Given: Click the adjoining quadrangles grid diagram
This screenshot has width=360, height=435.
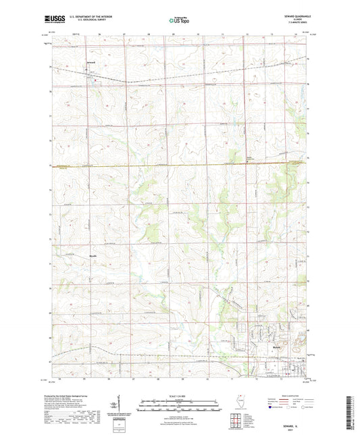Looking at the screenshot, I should click(236, 421).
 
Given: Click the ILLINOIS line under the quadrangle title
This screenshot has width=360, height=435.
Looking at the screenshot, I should click(293, 22).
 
